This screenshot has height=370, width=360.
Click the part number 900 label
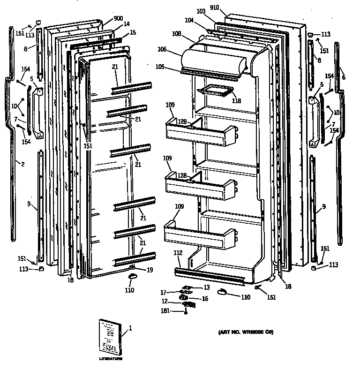[x=111, y=19]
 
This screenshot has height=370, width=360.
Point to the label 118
[x=237, y=100]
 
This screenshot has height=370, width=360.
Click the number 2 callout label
[x=22, y=163]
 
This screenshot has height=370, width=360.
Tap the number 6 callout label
[x=343, y=77]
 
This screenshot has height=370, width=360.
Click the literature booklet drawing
[x=111, y=337]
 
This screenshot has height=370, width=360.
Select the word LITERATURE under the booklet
[x=111, y=359]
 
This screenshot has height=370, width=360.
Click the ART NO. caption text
[x=246, y=332]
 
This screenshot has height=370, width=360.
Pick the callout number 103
[x=201, y=11]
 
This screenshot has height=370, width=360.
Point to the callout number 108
[x=176, y=34]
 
